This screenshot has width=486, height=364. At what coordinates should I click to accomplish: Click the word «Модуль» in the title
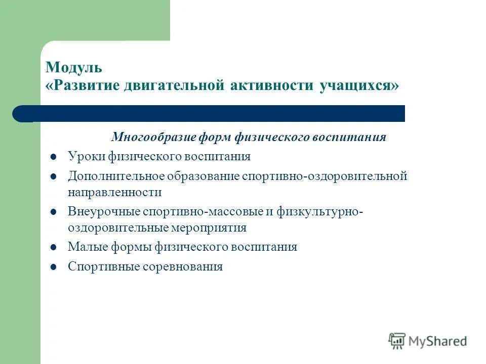(74, 67)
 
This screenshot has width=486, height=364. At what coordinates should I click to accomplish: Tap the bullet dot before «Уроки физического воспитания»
(53, 157)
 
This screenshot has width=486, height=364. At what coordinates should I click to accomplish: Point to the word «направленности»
(115, 192)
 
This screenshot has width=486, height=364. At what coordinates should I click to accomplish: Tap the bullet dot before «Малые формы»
(53, 248)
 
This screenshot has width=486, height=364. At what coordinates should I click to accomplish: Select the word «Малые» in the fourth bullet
(84, 247)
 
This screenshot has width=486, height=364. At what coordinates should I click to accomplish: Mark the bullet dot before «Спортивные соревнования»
(53, 267)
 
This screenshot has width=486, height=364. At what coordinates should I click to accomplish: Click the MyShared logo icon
(397, 341)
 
